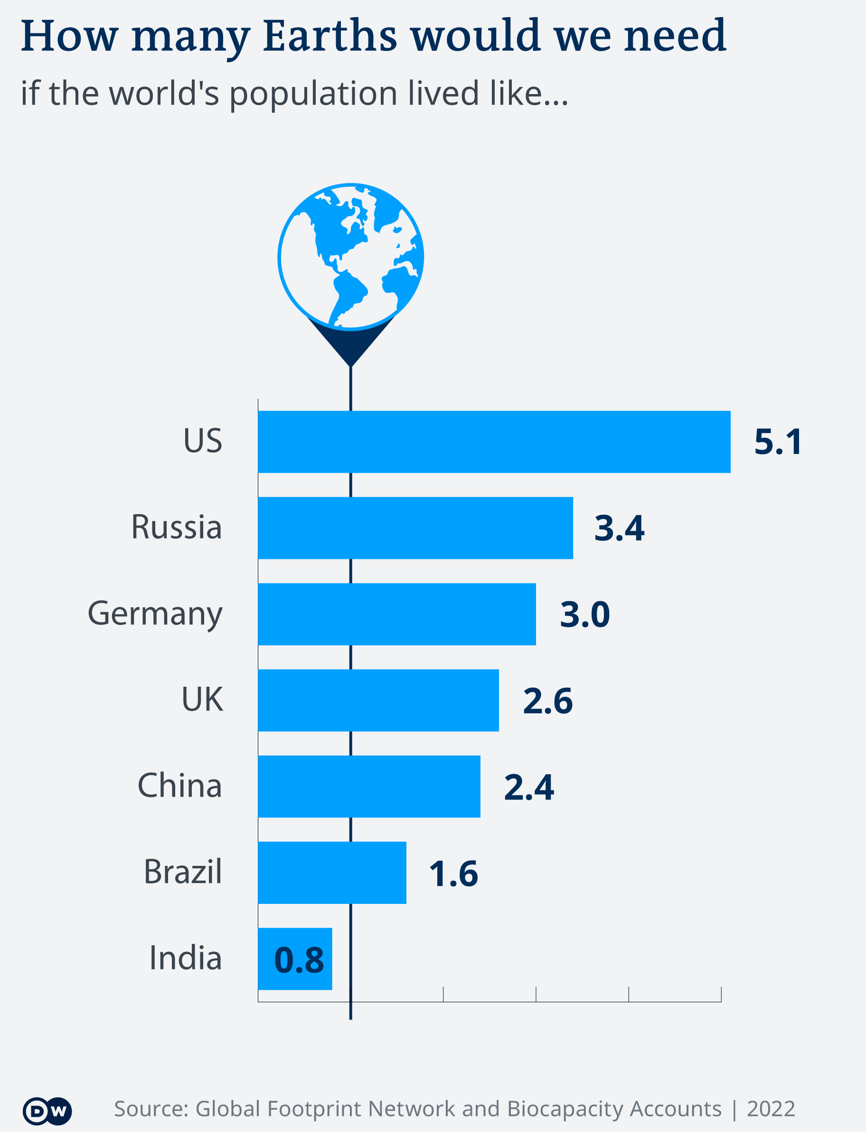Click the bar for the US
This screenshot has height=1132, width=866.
(x=494, y=441)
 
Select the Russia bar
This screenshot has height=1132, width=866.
(x=415, y=528)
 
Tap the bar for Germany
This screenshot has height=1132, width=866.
(x=396, y=614)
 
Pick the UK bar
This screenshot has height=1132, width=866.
(x=378, y=700)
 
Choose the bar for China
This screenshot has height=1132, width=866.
(x=368, y=787)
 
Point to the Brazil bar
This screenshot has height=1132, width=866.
(x=331, y=873)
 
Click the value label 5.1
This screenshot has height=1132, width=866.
(x=777, y=442)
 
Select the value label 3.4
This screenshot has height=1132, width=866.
(x=619, y=528)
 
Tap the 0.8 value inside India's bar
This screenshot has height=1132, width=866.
(x=299, y=960)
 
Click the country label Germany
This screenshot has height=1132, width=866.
(x=155, y=614)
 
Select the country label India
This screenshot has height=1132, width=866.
(x=185, y=958)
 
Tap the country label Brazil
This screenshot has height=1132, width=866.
(x=182, y=872)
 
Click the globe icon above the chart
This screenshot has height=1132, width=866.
(x=350, y=256)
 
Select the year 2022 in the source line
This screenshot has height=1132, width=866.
(x=771, y=1108)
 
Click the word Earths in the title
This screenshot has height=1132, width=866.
(x=330, y=36)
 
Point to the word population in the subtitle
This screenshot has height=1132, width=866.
(x=313, y=94)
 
